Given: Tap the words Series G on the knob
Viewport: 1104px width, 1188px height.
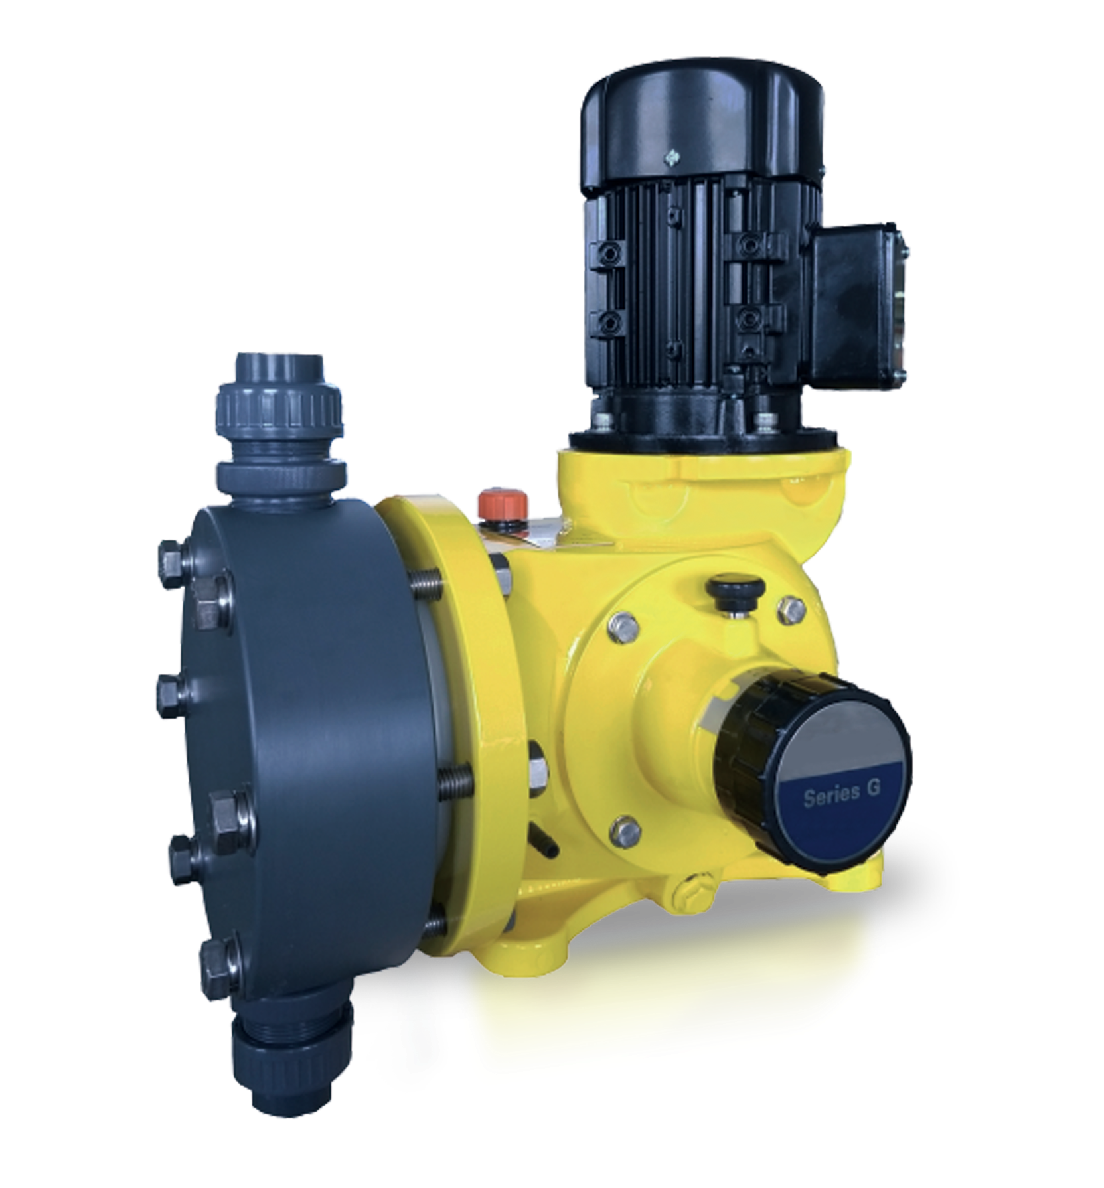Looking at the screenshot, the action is (840, 795).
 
